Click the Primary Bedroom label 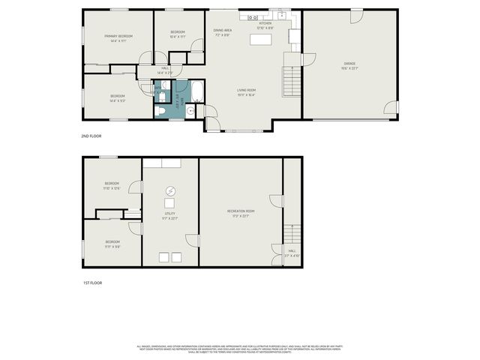coord(118,36)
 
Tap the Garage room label coord(349,63)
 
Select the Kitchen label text coord(265,23)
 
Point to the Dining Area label coord(222,30)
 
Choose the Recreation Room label coord(241,211)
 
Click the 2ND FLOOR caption coord(91,136)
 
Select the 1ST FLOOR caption coord(91,283)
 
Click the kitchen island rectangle coord(262,38)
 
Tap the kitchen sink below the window coord(281,15)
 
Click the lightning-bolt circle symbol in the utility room coord(170,190)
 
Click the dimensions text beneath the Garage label coord(349,68)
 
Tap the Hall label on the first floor coord(292,250)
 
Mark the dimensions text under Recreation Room coord(241,217)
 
